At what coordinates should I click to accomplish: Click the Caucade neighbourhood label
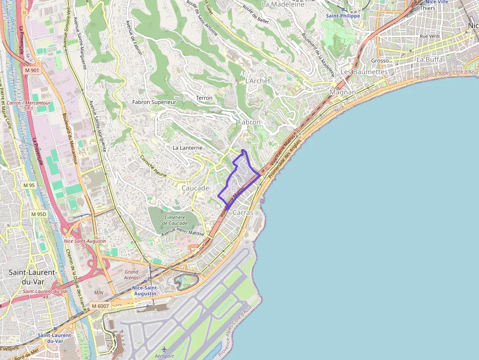pyautogui.click(x=196, y=188)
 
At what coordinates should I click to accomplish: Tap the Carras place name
pyautogui.click(x=243, y=212)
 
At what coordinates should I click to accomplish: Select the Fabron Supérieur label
pyautogui.click(x=154, y=102)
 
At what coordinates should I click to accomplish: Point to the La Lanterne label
pyautogui.click(x=187, y=148)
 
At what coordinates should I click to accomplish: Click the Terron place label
pyautogui.click(x=204, y=98)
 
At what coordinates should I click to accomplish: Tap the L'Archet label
pyautogui.click(x=258, y=81)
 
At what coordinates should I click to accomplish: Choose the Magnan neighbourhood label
pyautogui.click(x=343, y=92)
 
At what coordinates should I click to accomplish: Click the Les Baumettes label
pyautogui.click(x=364, y=72)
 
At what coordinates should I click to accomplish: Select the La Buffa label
pyautogui.click(x=429, y=59)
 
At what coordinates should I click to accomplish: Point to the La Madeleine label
pyautogui.click(x=283, y=4)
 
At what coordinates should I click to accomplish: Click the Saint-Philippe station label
pyautogui.click(x=343, y=16)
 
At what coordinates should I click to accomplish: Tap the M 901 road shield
pyautogui.click(x=32, y=70)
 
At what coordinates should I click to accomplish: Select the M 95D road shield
pyautogui.click(x=38, y=214)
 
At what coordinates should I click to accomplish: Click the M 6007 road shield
pyautogui.click(x=100, y=306)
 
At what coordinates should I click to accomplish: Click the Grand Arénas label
pyautogui.click(x=131, y=275)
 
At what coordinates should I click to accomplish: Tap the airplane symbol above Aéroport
pyautogui.click(x=164, y=349)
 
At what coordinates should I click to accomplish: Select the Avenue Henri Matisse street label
pyautogui.click(x=183, y=233)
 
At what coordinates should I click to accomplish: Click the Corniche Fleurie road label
pyautogui.click(x=153, y=166)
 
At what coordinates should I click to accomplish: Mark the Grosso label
pyautogui.click(x=380, y=61)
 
